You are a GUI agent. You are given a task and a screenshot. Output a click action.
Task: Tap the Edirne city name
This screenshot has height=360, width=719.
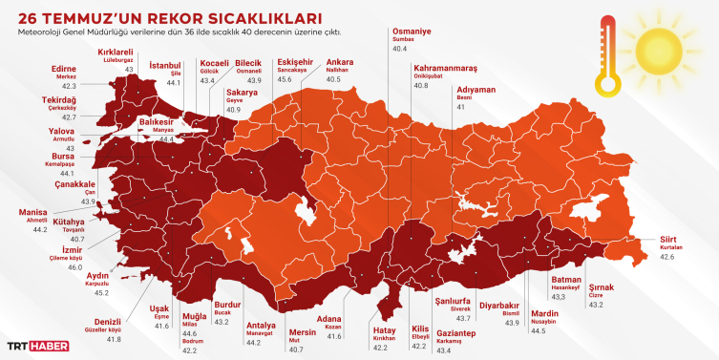(x=63, y=69)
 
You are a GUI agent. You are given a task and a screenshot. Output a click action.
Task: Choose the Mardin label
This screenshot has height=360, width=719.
(x=543, y=313)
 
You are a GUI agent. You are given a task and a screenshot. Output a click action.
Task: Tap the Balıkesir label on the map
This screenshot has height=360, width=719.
(x=158, y=122)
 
